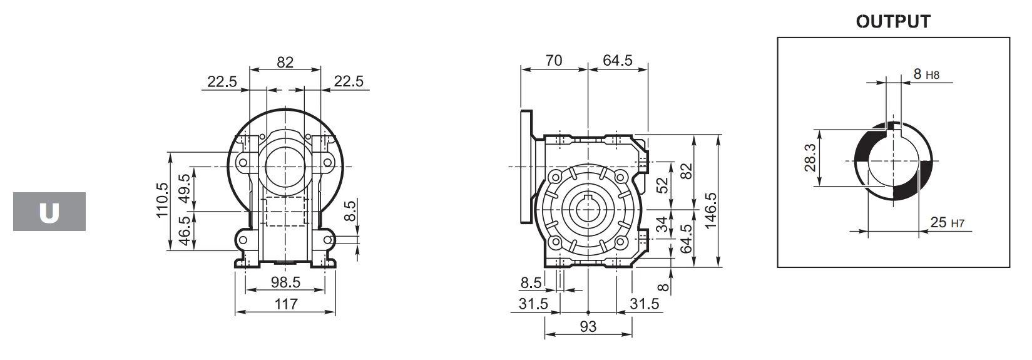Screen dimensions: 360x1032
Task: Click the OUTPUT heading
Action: click(893, 22)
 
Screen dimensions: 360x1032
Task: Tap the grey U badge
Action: click(49, 212)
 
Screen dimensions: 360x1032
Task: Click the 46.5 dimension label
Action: click(186, 231)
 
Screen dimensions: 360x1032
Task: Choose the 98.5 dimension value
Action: click(285, 282)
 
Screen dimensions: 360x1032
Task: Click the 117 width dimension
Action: click(285, 304)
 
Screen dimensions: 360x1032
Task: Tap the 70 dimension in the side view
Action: click(554, 61)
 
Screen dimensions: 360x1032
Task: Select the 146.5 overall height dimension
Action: click(710, 202)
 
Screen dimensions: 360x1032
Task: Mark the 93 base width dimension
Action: click(588, 326)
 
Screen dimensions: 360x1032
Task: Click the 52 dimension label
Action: click(662, 185)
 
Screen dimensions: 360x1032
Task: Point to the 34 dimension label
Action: click(662, 224)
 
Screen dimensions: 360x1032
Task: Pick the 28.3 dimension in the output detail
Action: click(810, 158)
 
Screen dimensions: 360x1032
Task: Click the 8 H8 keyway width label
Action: click(926, 75)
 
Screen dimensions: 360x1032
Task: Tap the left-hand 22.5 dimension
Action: click(222, 81)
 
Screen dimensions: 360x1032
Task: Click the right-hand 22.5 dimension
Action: click(348, 81)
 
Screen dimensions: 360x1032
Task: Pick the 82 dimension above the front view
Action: click(285, 61)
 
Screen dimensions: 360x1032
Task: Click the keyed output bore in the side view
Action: click(588, 209)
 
